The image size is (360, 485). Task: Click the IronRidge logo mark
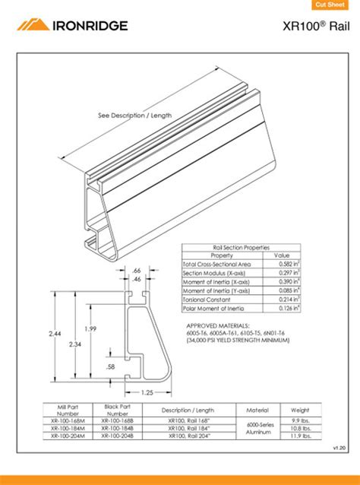pyautogui.click(x=33, y=24)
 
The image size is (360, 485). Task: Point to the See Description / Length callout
pyautogui.click(x=134, y=116)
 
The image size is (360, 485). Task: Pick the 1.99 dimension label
pyautogui.click(x=90, y=328)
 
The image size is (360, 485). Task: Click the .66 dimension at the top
pyautogui.click(x=137, y=270)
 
